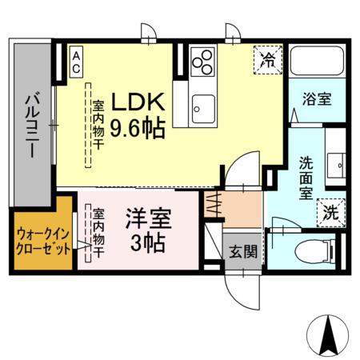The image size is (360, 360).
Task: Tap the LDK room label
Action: pyautogui.click(x=137, y=102)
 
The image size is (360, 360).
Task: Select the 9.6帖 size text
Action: pyautogui.click(x=137, y=127)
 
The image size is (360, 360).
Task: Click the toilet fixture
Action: pyautogui.click(x=315, y=252)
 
